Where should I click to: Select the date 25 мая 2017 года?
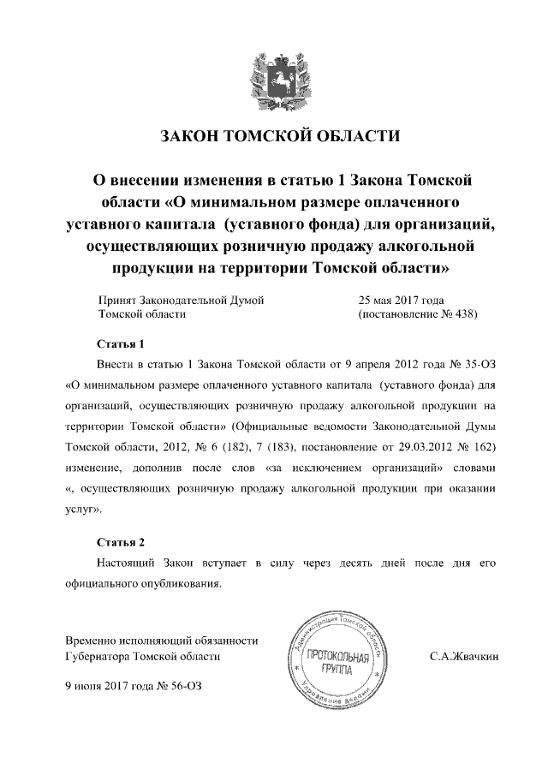[x=400, y=300]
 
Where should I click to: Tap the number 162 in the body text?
[x=484, y=447]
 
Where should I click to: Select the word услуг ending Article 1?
[x=82, y=509]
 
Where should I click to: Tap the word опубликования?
[x=182, y=584]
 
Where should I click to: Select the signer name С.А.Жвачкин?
[x=463, y=656]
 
